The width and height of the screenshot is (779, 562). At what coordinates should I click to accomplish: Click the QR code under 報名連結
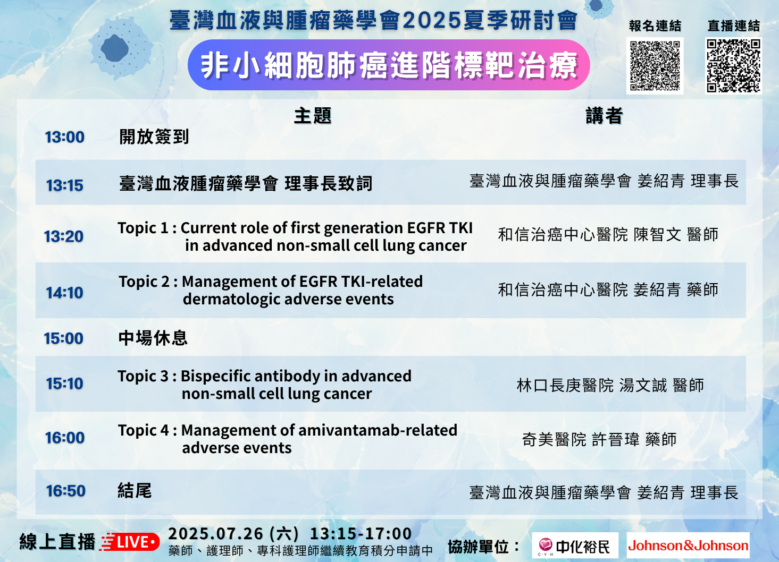pyautogui.click(x=655, y=66)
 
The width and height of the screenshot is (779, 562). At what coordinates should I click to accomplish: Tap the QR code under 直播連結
pyautogui.click(x=733, y=66)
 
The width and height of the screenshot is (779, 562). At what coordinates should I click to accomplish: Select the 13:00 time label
pyautogui.click(x=65, y=137)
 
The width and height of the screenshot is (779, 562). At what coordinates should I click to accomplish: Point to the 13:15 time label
pyautogui.click(x=65, y=185)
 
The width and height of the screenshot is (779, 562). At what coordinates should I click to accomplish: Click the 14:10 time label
pyautogui.click(x=65, y=293)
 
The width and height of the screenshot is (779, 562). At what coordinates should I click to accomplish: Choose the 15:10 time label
pyautogui.click(x=65, y=384)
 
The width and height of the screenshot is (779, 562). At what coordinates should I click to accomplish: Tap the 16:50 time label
pyautogui.click(x=66, y=491)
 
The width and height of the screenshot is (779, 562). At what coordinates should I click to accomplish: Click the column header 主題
pyautogui.click(x=313, y=116)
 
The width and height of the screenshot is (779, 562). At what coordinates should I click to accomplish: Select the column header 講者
pyautogui.click(x=604, y=116)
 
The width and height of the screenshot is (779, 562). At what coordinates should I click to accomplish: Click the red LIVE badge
pyautogui.click(x=130, y=542)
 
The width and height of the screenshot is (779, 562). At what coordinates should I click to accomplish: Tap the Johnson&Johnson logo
pyautogui.click(x=688, y=546)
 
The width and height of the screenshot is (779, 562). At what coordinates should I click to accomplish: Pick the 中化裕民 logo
pyautogui.click(x=575, y=546)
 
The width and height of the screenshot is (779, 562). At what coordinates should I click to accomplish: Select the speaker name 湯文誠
pyautogui.click(x=643, y=386)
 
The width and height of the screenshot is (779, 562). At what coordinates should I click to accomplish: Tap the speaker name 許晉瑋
pyautogui.click(x=616, y=440)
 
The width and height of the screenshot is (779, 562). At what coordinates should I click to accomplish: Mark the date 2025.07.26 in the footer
pyautogui.click(x=215, y=534)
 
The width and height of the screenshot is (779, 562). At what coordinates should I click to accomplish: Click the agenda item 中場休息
pyautogui.click(x=153, y=338)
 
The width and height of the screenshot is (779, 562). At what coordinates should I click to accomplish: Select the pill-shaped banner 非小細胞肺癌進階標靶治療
pyautogui.click(x=389, y=65)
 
